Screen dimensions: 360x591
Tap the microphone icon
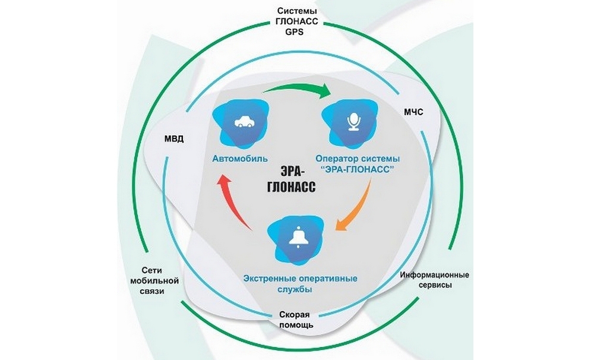pyautogui.click(x=353, y=122)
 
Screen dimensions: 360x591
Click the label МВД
pyautogui.click(x=174, y=140)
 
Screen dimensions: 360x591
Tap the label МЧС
pyautogui.click(x=415, y=112)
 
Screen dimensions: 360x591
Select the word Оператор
pyautogui.click(x=339, y=159)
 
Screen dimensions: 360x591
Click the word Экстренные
pyautogui.click(x=272, y=277)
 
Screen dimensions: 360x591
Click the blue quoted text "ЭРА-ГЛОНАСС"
pyautogui.click(x=358, y=169)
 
